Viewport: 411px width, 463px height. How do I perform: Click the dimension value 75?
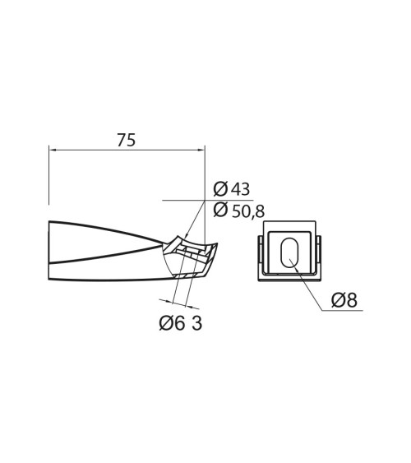[126, 140]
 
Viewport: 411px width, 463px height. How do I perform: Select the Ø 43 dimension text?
[231, 189]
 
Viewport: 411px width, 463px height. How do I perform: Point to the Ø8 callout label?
[344, 300]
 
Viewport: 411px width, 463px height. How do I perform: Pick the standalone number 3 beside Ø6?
[196, 323]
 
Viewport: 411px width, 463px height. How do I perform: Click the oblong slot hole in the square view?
[289, 252]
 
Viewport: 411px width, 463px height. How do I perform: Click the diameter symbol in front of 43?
[219, 189]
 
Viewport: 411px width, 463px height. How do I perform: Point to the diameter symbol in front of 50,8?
[219, 211]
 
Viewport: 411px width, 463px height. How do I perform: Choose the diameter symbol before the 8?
[338, 300]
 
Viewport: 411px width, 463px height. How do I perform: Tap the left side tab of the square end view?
[261, 255]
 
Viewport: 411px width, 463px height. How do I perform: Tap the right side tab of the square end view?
[319, 255]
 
